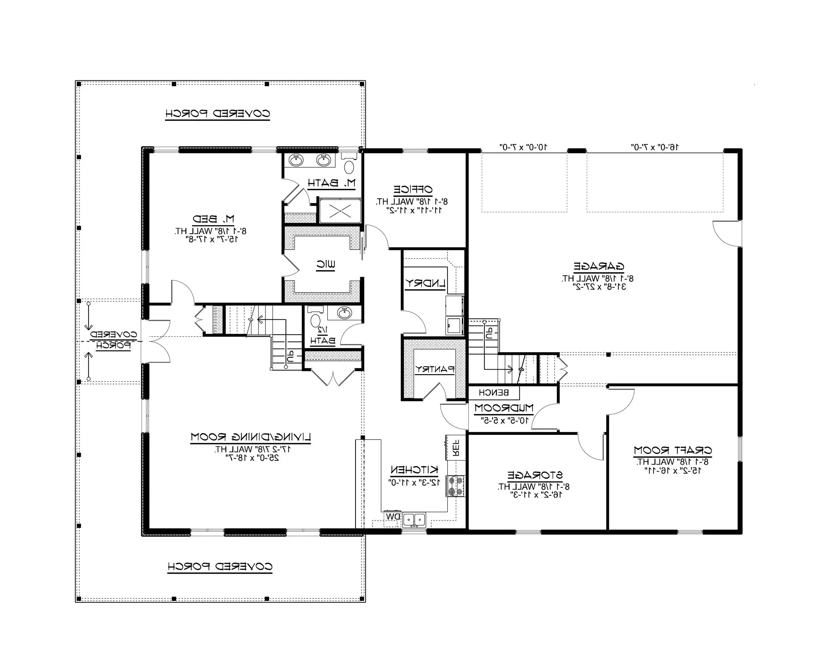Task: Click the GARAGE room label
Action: (599, 266)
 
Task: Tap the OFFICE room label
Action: (413, 189)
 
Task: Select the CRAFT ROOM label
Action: (673, 450)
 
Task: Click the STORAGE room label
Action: (535, 475)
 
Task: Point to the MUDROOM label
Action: (503, 408)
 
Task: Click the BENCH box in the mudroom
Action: (493, 392)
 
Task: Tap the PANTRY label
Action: (434, 369)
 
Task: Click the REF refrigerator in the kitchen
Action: (456, 448)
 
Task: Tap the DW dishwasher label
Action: (393, 517)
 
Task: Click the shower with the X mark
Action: (340, 211)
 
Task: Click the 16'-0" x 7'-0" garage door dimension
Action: (655, 147)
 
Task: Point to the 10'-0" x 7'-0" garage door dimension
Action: (523, 147)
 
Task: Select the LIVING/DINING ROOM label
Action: (251, 437)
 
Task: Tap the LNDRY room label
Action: (425, 283)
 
